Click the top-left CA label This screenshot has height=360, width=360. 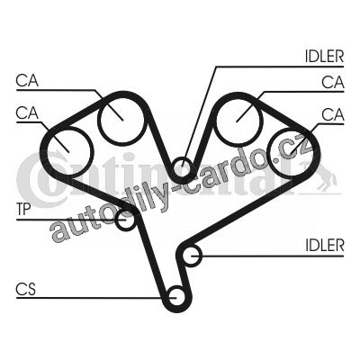click(27, 81)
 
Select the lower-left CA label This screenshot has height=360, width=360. click(27, 113)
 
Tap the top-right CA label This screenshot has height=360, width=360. click(333, 82)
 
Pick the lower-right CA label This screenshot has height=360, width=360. click(333, 114)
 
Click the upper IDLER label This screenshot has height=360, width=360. click(324, 56)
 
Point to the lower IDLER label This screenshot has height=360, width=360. click(325, 246)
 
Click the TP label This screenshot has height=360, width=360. click(23, 210)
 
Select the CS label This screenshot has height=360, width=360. click(26, 290)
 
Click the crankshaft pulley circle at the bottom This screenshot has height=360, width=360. click(176, 296)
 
